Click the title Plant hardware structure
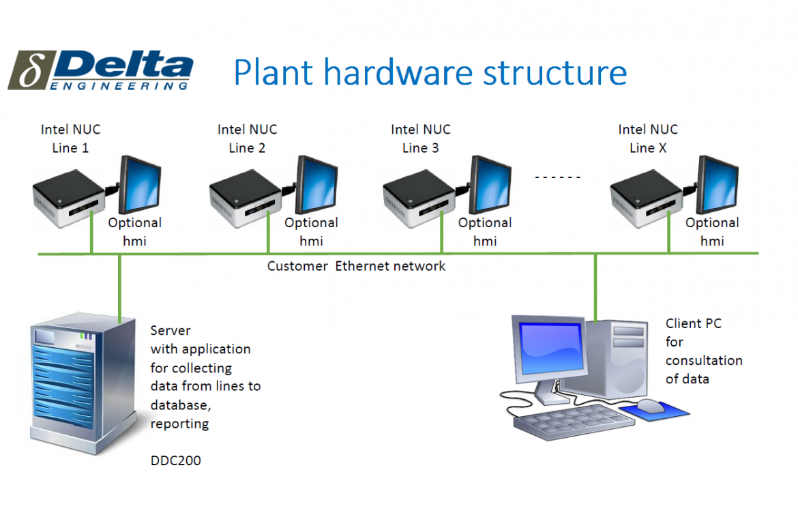tap(430, 72)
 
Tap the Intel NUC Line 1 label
tap(70, 138)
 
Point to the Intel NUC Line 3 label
tap(420, 138)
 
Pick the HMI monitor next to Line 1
tap(141, 185)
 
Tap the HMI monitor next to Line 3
tap(490, 185)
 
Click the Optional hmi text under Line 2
tap(311, 232)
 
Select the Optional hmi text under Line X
tap(712, 232)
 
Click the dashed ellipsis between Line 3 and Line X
tap(557, 177)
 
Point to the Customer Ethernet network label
tap(356, 266)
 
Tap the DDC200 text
tap(176, 460)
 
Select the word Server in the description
tap(171, 331)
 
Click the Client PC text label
tap(693, 324)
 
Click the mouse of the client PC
tap(650, 406)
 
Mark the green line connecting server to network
tap(120, 286)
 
